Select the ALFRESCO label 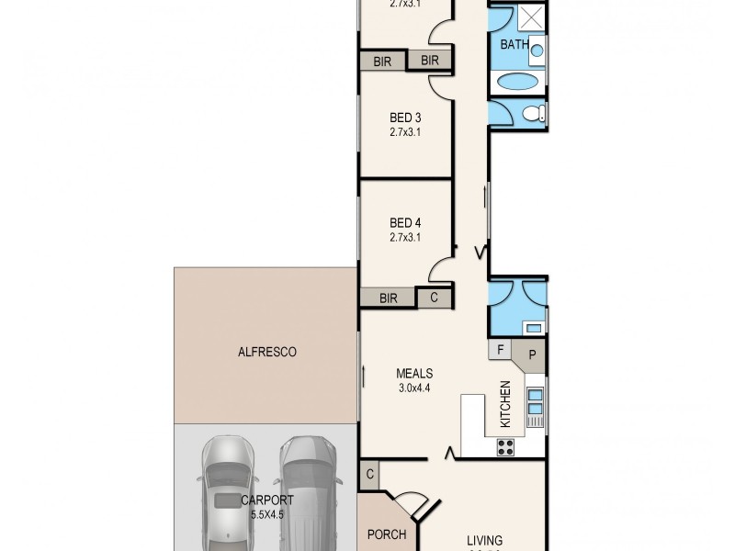click(266, 351)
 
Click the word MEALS click(414, 373)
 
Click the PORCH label click(387, 534)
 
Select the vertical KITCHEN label click(504, 404)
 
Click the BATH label click(514, 44)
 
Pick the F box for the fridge click(501, 350)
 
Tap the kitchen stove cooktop click(505, 446)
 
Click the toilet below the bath click(533, 114)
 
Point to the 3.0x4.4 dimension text click(414, 388)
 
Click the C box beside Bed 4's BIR click(435, 298)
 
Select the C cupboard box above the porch click(369, 474)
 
